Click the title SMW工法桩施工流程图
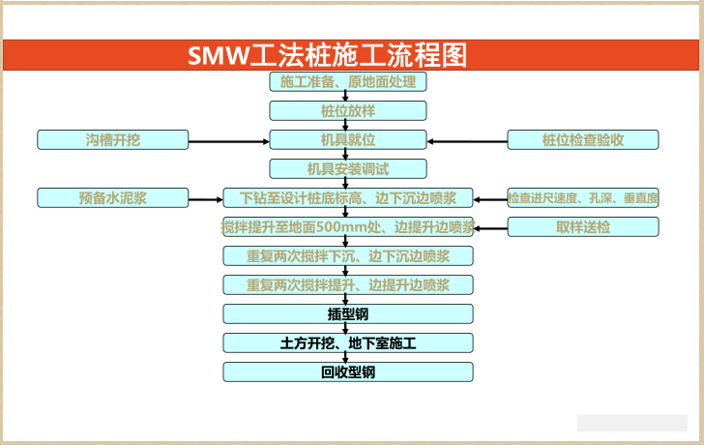pyautogui.click(x=327, y=55)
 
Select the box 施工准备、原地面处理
pyautogui.click(x=348, y=82)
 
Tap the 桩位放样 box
pyautogui.click(x=348, y=110)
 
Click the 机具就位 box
pyautogui.click(x=348, y=140)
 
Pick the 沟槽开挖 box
pyautogui.click(x=112, y=140)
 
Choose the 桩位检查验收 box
pyautogui.click(x=583, y=140)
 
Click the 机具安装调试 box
pyautogui.click(x=348, y=169)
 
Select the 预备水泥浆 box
pyautogui.click(x=112, y=198)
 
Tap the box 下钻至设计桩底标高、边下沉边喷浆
pyautogui.click(x=348, y=198)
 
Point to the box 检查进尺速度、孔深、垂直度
pyautogui.click(x=583, y=198)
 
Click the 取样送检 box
pyautogui.click(x=583, y=227)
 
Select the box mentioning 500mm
pyautogui.click(x=348, y=227)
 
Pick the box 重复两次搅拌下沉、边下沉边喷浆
pyautogui.click(x=348, y=256)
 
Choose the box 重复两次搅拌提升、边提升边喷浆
pyautogui.click(x=348, y=285)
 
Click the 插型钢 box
pyautogui.click(x=348, y=313)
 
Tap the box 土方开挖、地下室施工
pyautogui.click(x=348, y=342)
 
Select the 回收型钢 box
pyautogui.click(x=348, y=371)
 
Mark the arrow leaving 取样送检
pyautogui.click(x=490, y=228)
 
